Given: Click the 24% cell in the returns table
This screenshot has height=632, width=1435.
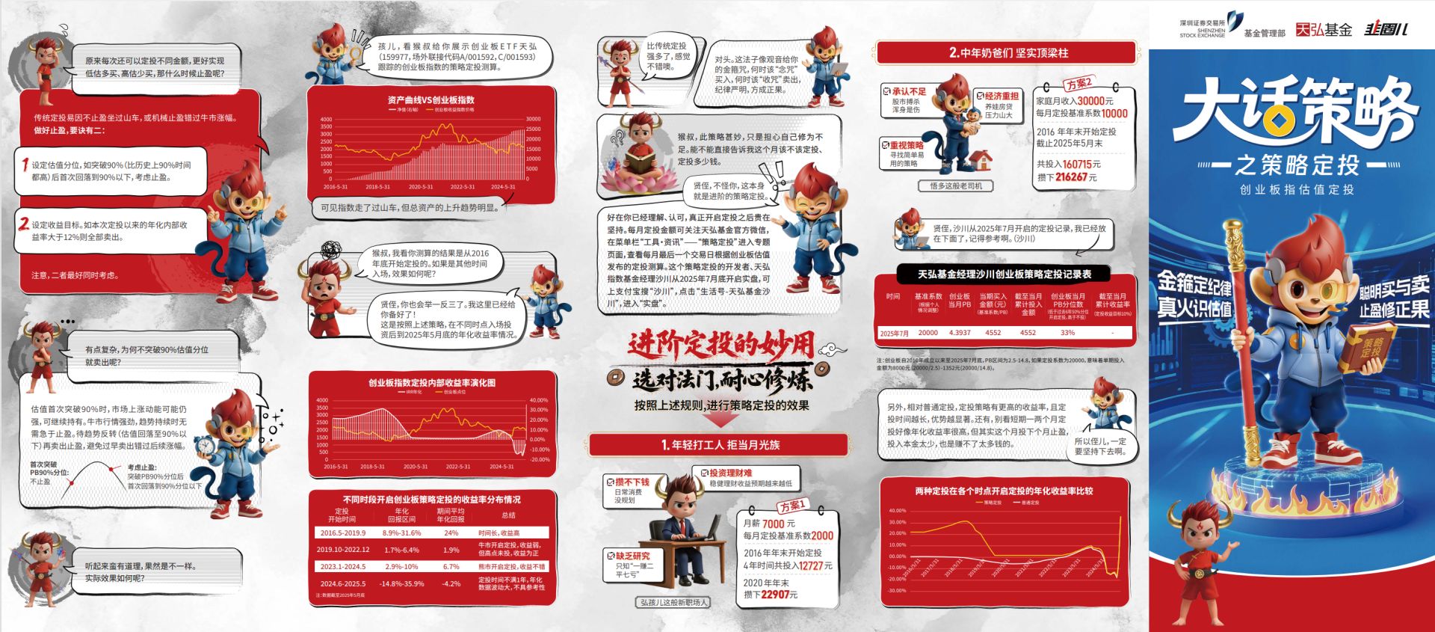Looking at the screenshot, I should click(x=451, y=533).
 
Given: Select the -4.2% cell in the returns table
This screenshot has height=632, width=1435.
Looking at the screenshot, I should click(x=451, y=583).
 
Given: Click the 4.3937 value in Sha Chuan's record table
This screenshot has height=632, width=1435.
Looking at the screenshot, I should click(x=960, y=333).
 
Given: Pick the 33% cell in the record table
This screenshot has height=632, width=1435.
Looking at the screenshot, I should click(x=1067, y=333).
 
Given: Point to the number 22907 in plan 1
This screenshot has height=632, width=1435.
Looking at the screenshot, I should click(x=774, y=595).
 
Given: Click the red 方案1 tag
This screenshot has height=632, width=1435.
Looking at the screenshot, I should click(x=792, y=506).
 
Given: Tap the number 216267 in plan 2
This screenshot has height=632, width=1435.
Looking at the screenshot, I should click(x=1071, y=177).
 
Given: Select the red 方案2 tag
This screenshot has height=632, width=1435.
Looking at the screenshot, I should click(x=1079, y=83).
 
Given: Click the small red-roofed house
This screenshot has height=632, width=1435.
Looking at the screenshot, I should click(x=980, y=160).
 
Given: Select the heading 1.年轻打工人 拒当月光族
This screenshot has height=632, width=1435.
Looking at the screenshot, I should click(x=719, y=445).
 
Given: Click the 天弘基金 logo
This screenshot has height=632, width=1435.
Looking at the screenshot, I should click(x=1324, y=29).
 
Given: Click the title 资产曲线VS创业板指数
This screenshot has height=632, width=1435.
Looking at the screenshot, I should click(x=430, y=100).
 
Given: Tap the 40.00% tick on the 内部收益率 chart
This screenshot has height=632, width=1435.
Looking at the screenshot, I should click(x=538, y=400).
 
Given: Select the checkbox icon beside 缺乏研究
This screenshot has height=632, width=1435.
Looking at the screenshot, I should click(x=610, y=556).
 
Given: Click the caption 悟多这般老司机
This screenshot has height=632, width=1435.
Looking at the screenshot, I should click(x=956, y=185).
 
